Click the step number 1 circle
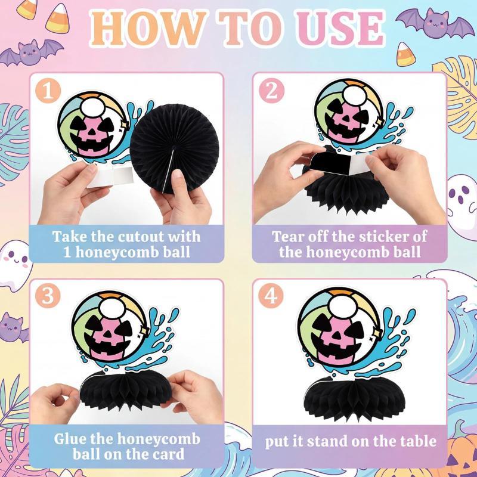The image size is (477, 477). tap(48, 91)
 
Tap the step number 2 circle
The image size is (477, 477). tap(272, 91)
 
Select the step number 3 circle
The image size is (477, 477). tap(48, 295)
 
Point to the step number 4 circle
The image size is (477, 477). tap(271, 295)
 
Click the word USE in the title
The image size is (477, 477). tap(340, 28)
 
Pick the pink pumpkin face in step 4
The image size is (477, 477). tap(337, 340)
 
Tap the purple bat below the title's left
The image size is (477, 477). tap(30, 52)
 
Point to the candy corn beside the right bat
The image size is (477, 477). tap(406, 54)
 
